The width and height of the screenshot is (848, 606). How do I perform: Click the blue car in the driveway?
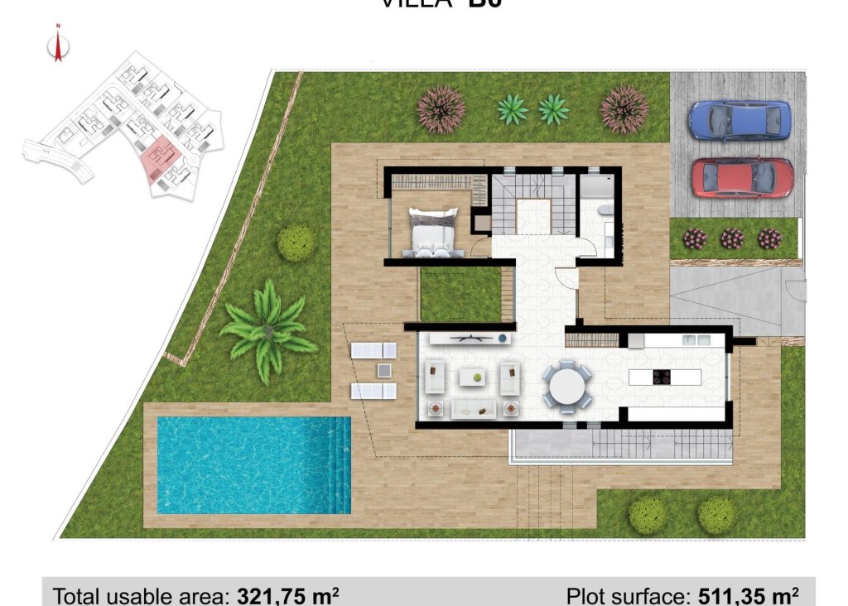[x=740, y=121]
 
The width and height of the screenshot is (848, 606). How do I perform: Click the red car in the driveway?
[x=742, y=177]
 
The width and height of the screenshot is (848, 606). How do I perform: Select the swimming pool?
[x=253, y=464]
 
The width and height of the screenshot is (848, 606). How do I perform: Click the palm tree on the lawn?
[x=267, y=329]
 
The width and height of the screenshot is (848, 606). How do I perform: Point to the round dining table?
[x=567, y=386]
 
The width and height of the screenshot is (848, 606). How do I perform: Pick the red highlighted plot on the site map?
[x=158, y=160]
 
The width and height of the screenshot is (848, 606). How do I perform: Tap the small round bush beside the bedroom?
[x=296, y=243]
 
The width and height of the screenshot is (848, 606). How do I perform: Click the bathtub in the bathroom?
[x=596, y=187]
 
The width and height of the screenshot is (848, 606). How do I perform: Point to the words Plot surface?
[x=626, y=595]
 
